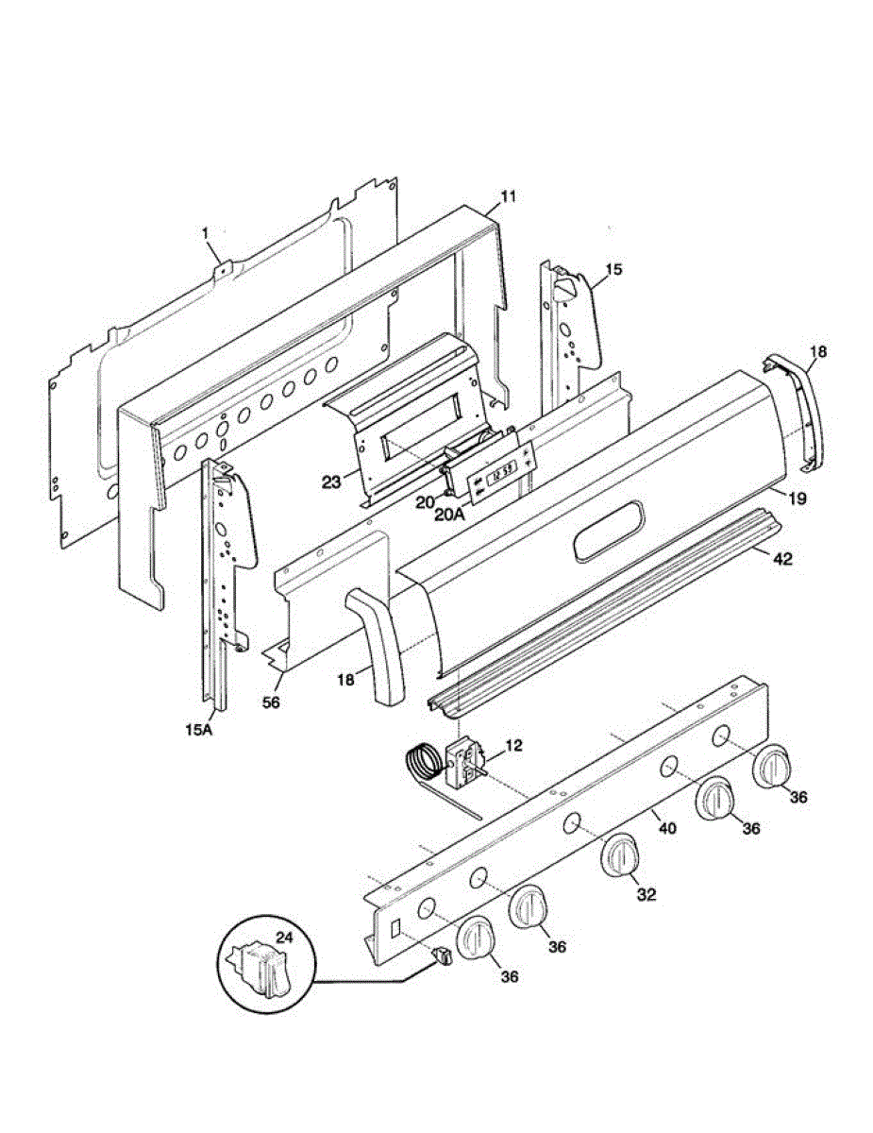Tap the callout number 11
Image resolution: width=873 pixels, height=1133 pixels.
[509, 197]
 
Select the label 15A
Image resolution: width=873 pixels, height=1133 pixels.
[199, 729]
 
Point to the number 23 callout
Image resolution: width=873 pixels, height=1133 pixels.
[331, 481]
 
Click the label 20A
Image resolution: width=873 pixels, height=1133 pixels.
[449, 514]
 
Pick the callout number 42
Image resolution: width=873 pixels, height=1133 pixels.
[782, 559]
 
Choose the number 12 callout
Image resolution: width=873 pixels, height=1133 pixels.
[512, 746]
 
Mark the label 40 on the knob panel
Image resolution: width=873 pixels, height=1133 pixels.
[666, 828]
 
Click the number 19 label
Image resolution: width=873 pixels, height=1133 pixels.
[797, 499]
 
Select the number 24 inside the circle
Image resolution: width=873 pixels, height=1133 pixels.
[284, 937]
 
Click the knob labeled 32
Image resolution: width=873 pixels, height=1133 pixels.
[620, 857]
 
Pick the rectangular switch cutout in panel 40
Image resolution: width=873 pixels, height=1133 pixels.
[395, 929]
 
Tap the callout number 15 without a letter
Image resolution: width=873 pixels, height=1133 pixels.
[614, 270]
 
